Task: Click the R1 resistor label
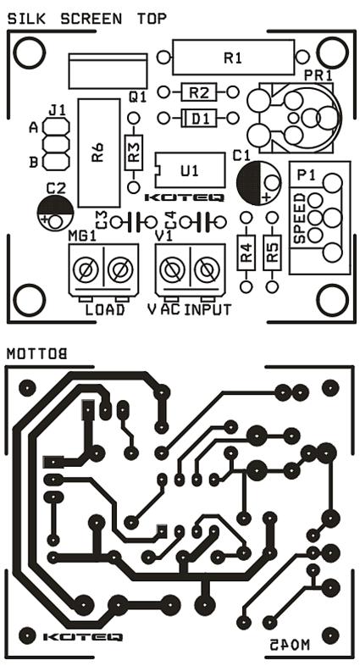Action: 233,58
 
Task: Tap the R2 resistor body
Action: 199,92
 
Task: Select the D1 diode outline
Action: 199,118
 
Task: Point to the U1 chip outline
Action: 190,170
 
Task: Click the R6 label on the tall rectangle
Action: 97,153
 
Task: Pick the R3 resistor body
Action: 134,153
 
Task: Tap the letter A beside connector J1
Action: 33,127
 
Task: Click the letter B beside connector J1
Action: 33,162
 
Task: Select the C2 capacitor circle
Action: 55,213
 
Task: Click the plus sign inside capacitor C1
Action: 266,197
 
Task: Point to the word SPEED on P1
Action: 300,219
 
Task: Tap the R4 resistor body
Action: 246,253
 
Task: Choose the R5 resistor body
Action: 272,253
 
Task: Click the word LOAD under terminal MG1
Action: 105,309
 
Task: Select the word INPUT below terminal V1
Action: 208,309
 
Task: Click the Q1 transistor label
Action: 137,97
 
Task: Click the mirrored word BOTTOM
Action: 37,354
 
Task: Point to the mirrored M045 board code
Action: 290,644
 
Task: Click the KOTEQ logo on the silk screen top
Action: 185,197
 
